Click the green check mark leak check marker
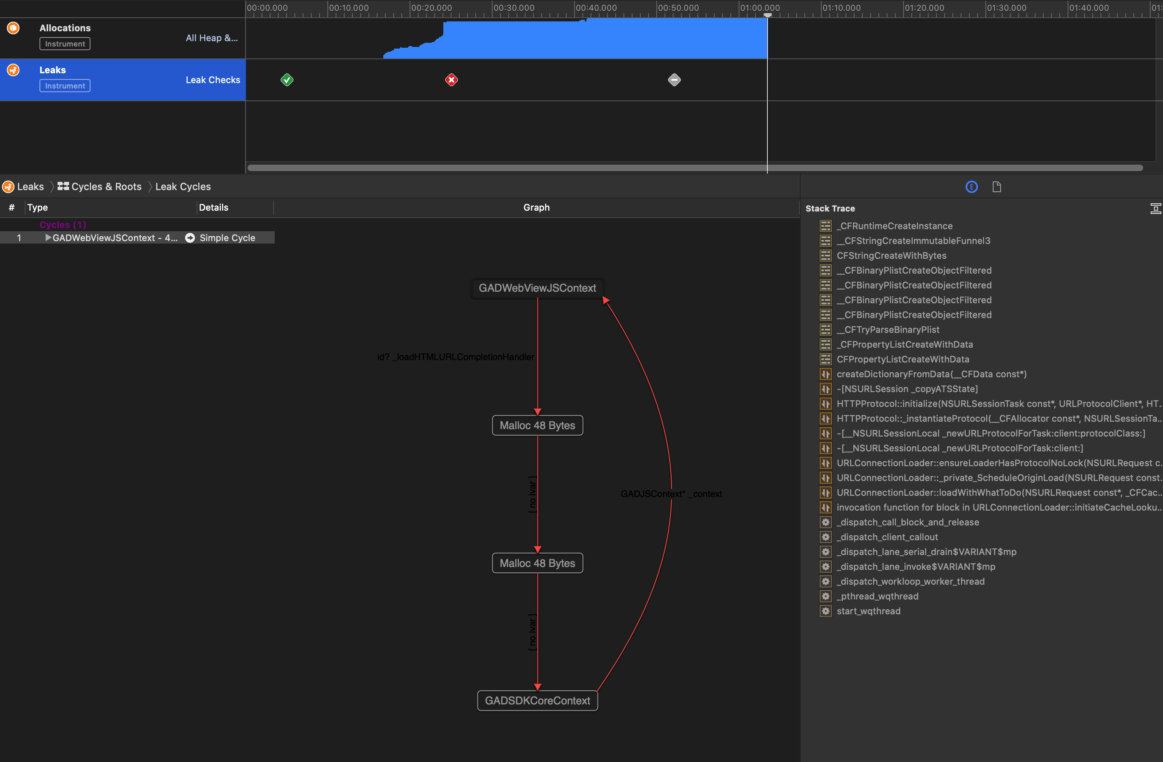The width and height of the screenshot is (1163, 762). click(287, 80)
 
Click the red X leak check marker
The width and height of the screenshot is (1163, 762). click(451, 80)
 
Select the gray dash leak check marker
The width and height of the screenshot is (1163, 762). click(674, 80)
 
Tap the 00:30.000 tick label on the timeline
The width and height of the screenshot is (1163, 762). click(514, 8)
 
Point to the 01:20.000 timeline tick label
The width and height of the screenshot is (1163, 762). click(924, 8)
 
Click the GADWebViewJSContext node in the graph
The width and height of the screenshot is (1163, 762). click(537, 288)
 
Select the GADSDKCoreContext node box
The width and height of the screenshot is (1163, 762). click(537, 700)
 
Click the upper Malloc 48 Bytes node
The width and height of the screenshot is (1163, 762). click(537, 425)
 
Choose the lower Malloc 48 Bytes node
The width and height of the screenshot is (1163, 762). click(537, 563)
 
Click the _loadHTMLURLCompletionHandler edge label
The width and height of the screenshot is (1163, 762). click(455, 357)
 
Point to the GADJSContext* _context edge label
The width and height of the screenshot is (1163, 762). click(671, 494)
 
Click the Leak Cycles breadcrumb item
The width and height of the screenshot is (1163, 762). click(183, 187)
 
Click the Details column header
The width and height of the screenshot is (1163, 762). click(213, 207)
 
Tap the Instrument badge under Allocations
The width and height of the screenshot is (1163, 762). click(65, 44)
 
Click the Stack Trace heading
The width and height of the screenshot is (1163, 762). click(830, 209)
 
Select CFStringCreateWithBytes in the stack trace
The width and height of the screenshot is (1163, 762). click(891, 256)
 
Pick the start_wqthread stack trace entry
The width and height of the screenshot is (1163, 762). click(868, 611)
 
